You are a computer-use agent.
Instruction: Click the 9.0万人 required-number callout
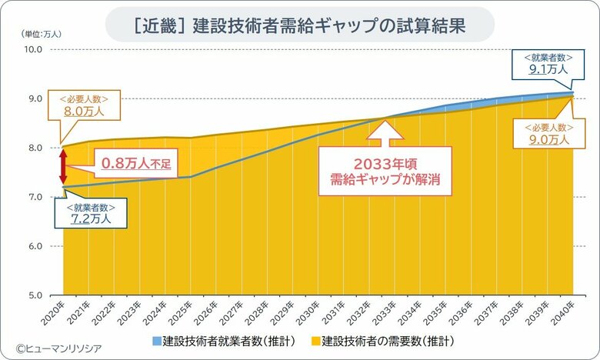(x=548, y=134)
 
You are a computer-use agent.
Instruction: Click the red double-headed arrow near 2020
(x=65, y=165)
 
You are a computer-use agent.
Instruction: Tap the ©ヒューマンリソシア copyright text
(x=58, y=348)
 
